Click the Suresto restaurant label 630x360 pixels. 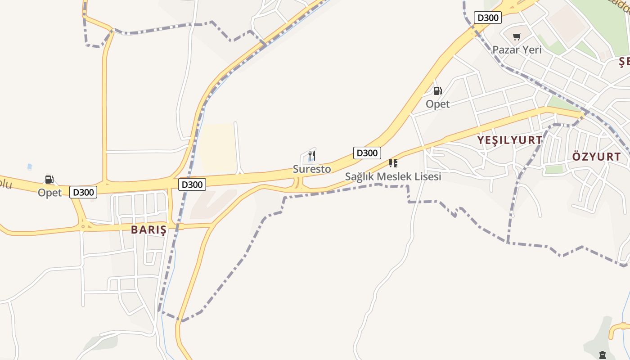click(x=311, y=169)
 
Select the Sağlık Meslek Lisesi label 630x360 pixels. click(x=393, y=176)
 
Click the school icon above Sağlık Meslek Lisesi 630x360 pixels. click(x=393, y=163)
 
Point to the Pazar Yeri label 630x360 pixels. click(x=517, y=49)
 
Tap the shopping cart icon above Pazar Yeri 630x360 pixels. click(x=517, y=36)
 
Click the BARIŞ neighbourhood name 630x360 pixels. click(x=148, y=230)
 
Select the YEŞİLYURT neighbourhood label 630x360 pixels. click(x=509, y=140)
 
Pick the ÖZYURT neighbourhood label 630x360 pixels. click(x=596, y=157)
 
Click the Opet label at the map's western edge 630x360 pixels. click(x=49, y=193)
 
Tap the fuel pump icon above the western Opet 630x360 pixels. click(x=49, y=180)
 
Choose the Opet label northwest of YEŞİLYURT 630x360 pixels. click(x=437, y=104)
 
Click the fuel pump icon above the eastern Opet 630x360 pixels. click(x=437, y=91)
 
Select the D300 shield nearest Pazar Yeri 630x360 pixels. click(x=487, y=18)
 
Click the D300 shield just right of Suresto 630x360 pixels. click(x=367, y=153)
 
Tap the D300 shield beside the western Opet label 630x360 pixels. click(x=83, y=192)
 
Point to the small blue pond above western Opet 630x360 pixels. click(x=30, y=167)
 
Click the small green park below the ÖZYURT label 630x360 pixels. click(x=554, y=169)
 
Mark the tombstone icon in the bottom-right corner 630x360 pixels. click(x=602, y=355)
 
